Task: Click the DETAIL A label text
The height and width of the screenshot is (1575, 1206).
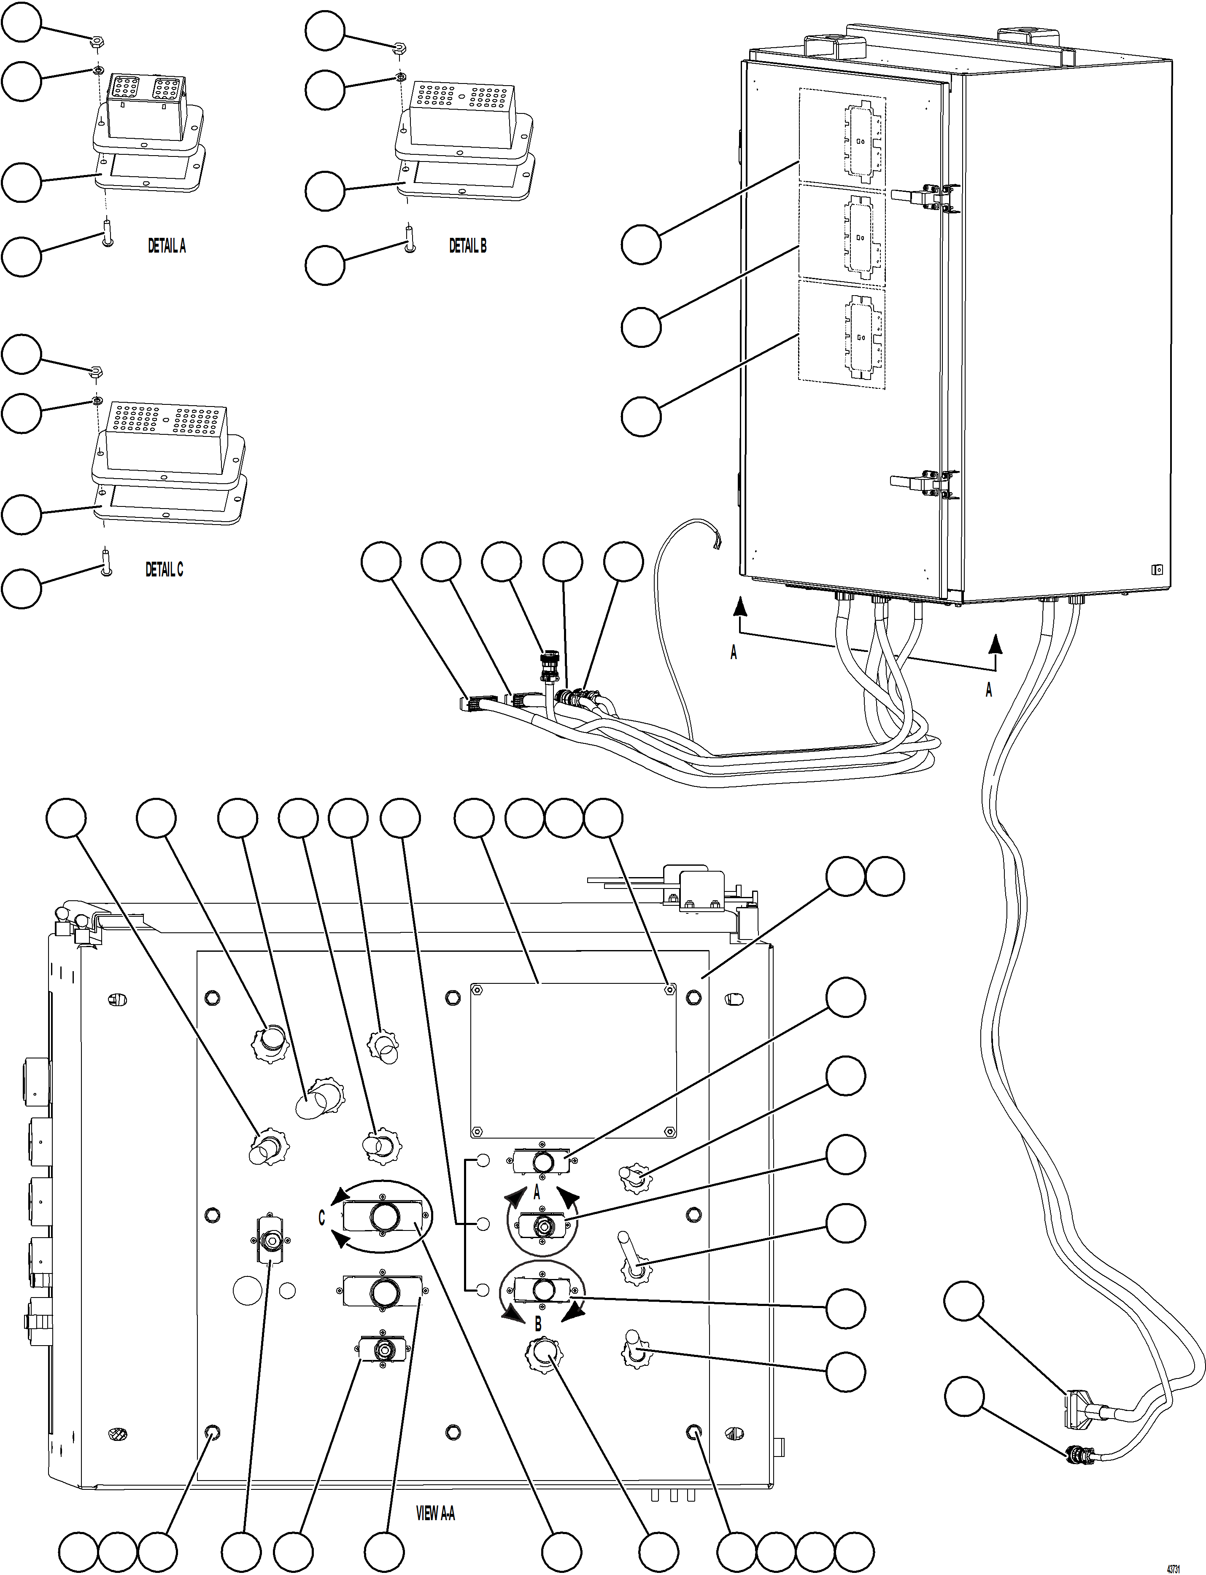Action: (x=167, y=246)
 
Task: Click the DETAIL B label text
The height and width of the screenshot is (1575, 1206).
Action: (x=467, y=246)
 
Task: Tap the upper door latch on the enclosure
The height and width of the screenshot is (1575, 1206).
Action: (x=926, y=195)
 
